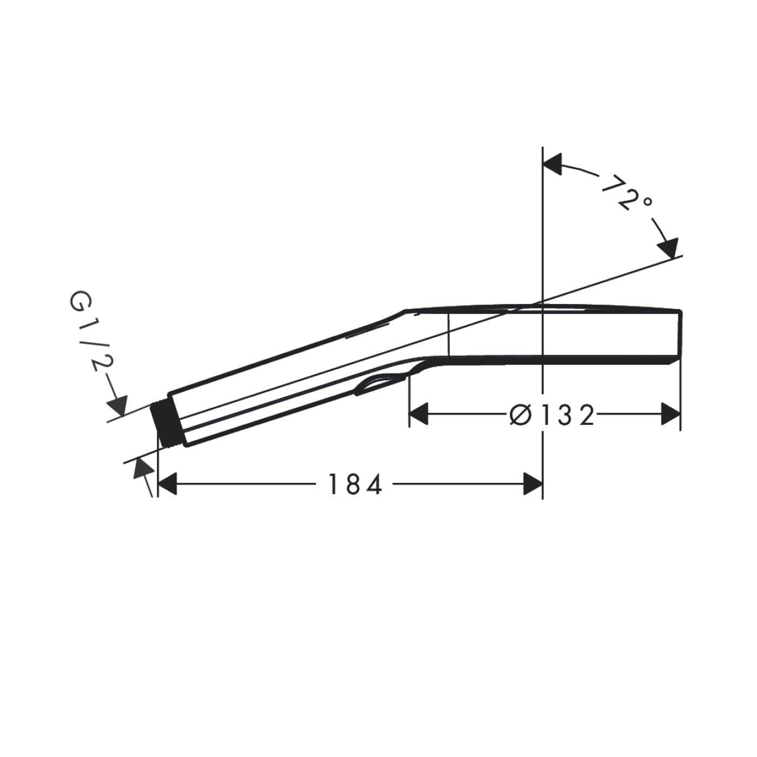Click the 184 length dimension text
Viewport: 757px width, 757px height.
[x=355, y=484]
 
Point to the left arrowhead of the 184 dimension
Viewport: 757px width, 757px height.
[x=167, y=484]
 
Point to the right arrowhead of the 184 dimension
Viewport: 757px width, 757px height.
[x=533, y=484]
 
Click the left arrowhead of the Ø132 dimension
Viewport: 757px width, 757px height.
[x=419, y=414]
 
